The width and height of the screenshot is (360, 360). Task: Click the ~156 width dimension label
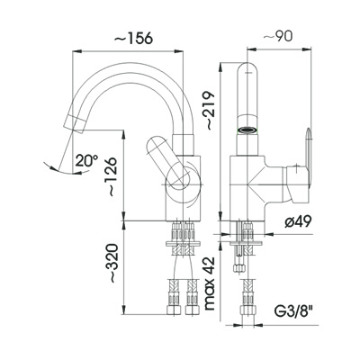(x=134, y=39)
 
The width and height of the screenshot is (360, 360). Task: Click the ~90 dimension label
(x=277, y=37)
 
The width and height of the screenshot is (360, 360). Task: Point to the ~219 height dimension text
(x=209, y=111)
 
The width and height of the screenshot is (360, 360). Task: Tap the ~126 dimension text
(x=112, y=177)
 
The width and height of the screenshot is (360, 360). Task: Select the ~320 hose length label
(x=112, y=263)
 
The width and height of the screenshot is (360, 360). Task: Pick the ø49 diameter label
(x=298, y=222)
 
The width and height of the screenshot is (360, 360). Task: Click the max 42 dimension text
(x=210, y=283)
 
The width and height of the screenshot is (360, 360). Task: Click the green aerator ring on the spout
(x=247, y=130)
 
